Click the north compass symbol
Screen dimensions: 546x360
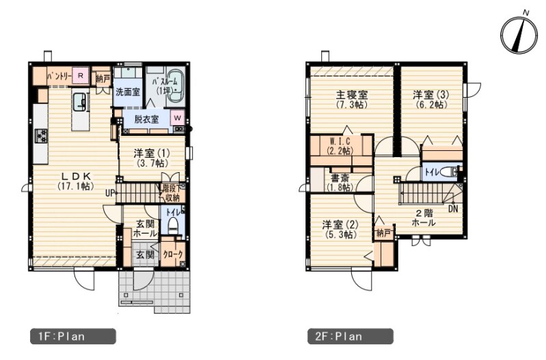[519, 34]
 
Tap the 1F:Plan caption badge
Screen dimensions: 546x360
[72, 336]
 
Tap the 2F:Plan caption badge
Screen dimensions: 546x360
[351, 336]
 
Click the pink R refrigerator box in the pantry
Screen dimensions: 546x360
[81, 76]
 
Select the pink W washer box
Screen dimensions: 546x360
[178, 118]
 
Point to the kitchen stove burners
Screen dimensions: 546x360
[41, 136]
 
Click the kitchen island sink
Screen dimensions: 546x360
[80, 102]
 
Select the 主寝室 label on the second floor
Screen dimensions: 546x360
[351, 99]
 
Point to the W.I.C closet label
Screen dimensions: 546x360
[340, 146]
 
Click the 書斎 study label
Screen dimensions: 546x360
[340, 183]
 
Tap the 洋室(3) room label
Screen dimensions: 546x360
[431, 99]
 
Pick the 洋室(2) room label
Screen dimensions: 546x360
[340, 229]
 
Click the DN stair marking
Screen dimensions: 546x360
[453, 209]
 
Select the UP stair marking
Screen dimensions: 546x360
[110, 193]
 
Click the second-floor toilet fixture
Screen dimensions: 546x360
[448, 172]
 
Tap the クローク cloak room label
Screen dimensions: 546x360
[173, 254]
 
